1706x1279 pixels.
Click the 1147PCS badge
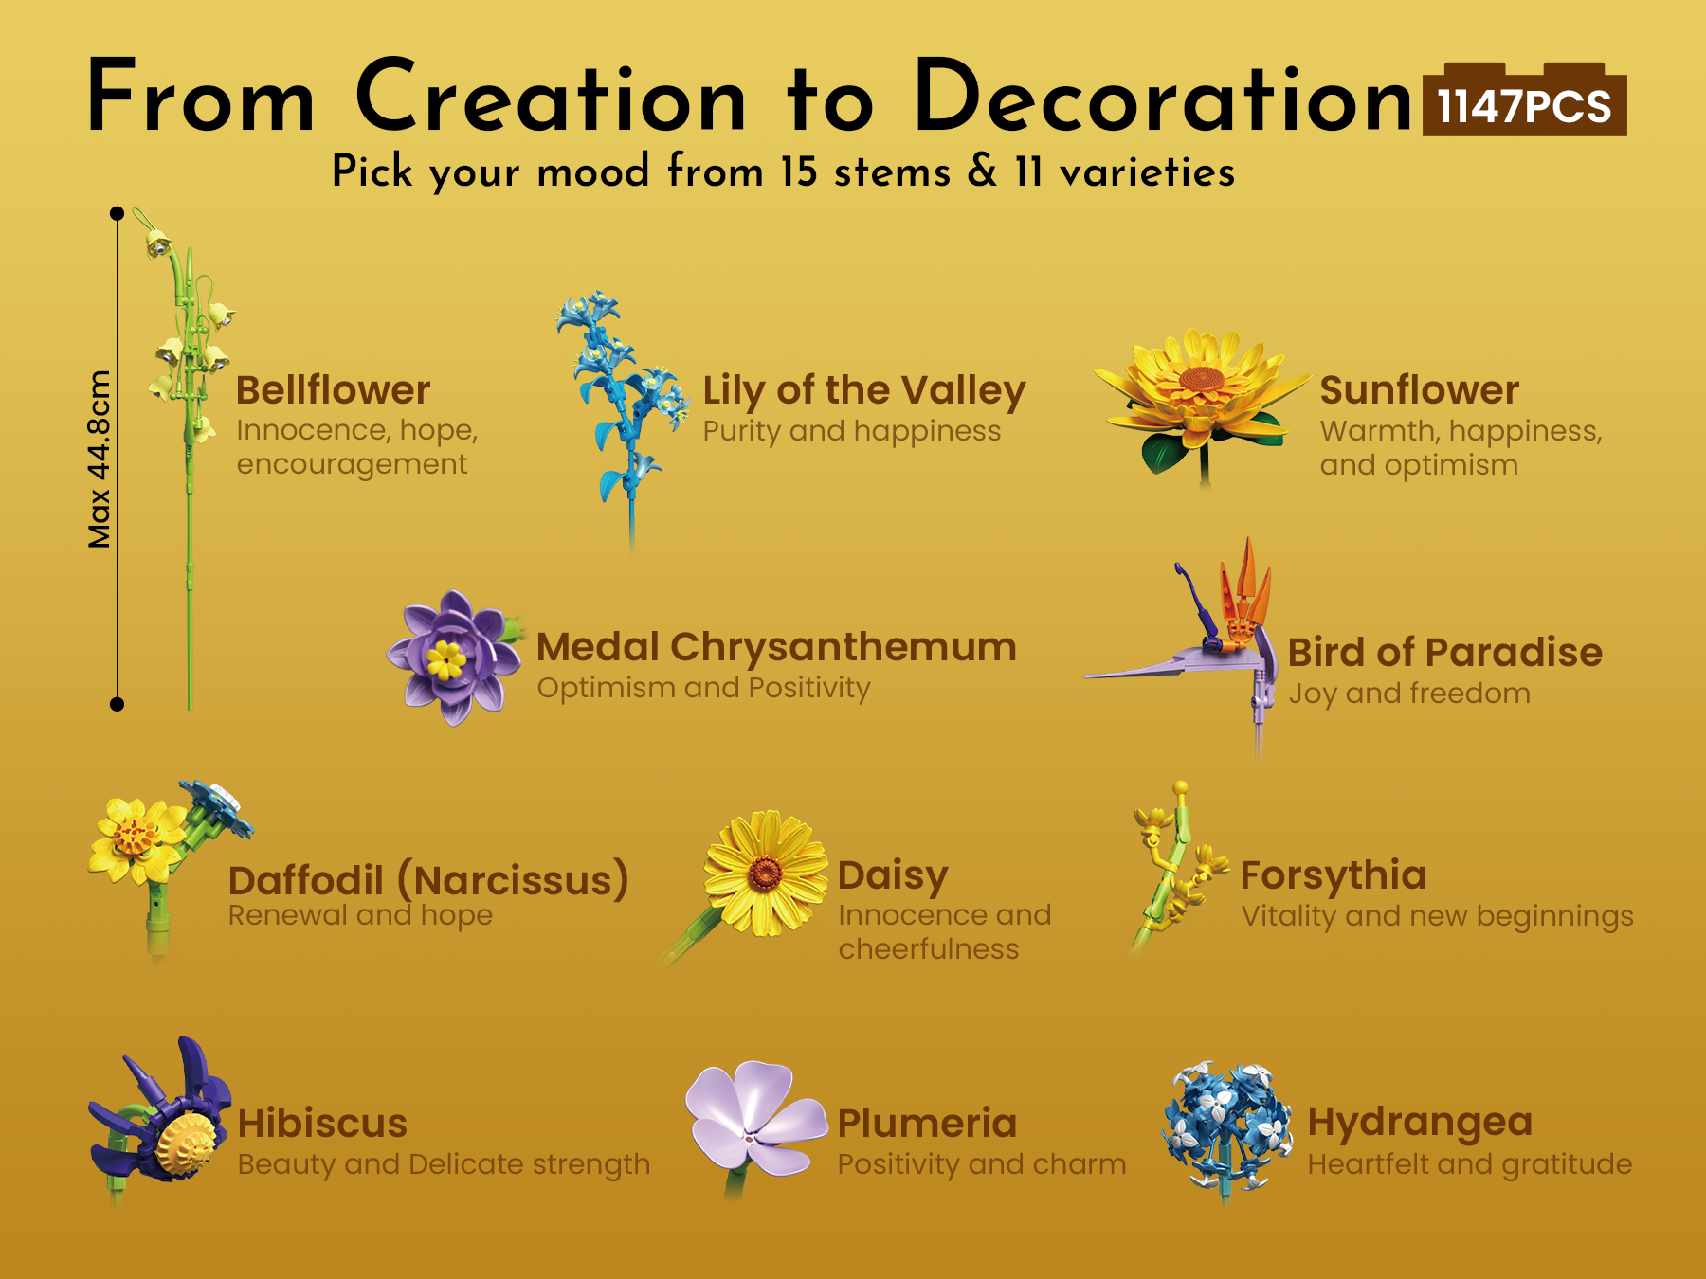[x=1524, y=100]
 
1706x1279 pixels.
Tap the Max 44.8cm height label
[x=99, y=459]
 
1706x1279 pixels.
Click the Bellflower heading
[x=333, y=390]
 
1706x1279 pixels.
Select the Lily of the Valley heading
[x=864, y=391]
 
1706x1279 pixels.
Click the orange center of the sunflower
[x=1203, y=380]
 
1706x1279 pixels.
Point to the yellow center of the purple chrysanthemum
[x=446, y=658]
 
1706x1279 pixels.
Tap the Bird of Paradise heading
[x=1445, y=653]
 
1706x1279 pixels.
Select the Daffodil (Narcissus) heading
[x=428, y=881]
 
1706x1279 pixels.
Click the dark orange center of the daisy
[x=765, y=874]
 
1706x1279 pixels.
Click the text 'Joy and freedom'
[x=1409, y=694]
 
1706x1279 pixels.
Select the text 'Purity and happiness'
[x=852, y=432]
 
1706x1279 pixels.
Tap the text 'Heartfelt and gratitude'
[x=1470, y=1164]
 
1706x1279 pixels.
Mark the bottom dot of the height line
[x=117, y=704]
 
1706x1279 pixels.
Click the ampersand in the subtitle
[x=983, y=171]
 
